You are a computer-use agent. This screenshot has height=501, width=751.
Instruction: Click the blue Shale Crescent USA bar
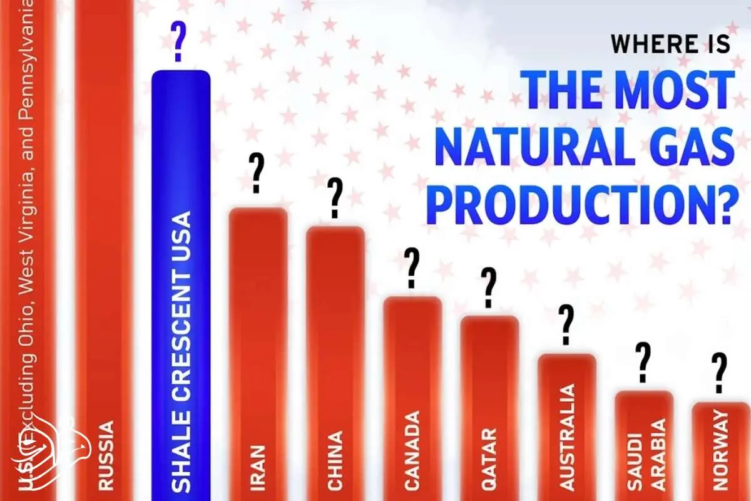pyautogui.click(x=181, y=285)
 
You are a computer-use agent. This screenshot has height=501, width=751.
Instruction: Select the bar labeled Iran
pyautogui.click(x=258, y=354)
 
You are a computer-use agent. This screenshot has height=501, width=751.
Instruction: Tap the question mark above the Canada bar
pyautogui.click(x=412, y=268)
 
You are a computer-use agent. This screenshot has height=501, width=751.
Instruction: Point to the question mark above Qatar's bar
pyautogui.click(x=489, y=287)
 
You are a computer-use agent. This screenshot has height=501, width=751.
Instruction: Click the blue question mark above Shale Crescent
pyautogui.click(x=178, y=41)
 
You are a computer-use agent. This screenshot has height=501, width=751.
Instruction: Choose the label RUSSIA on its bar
pyautogui.click(x=106, y=455)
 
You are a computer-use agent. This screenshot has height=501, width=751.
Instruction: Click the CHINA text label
pyautogui.click(x=335, y=461)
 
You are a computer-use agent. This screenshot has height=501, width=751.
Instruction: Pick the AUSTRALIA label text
pyautogui.click(x=567, y=437)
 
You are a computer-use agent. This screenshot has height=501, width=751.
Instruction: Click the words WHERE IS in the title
pyautogui.click(x=670, y=44)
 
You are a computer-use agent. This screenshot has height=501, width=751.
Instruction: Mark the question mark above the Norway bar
pyautogui.click(x=719, y=373)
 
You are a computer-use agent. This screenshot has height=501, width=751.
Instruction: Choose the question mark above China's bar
pyautogui.click(x=335, y=199)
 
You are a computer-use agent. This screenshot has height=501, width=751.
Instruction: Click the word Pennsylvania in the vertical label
pyautogui.click(x=27, y=64)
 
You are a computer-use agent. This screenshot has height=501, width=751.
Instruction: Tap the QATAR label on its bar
pyautogui.click(x=489, y=459)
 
